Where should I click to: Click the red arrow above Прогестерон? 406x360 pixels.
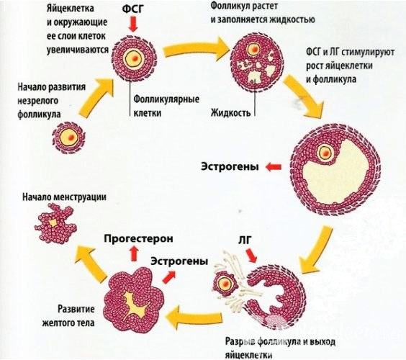click(x=133, y=251)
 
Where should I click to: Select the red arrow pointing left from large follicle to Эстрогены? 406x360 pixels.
click(x=272, y=168)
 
